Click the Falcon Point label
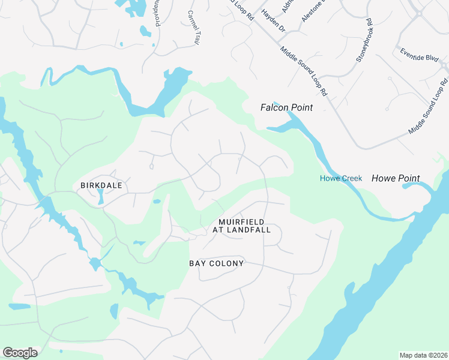(286, 107)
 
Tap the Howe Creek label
(340, 178)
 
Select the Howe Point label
(396, 178)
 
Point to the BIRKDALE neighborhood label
(101, 185)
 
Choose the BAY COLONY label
(216, 263)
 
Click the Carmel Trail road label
(193, 28)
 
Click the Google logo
(20, 353)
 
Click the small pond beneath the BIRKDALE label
(100, 197)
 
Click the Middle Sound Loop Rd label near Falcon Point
(304, 70)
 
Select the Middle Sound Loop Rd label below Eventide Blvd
(428, 106)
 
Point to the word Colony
(231, 263)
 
